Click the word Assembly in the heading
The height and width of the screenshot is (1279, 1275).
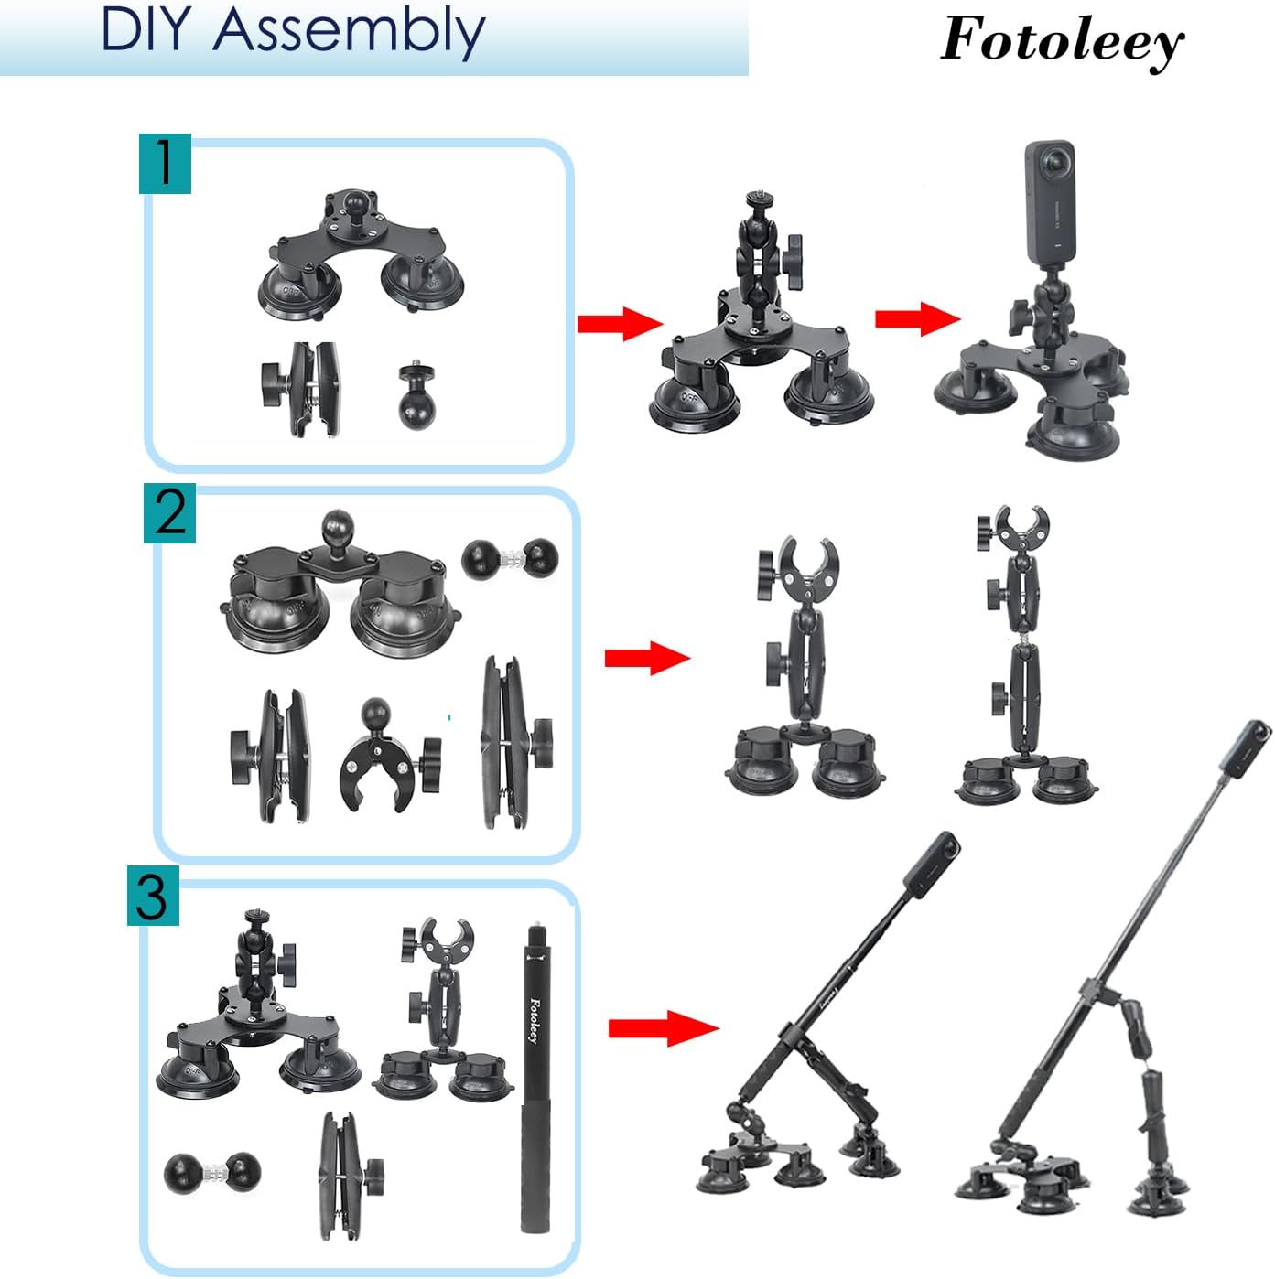pyautogui.click(x=349, y=32)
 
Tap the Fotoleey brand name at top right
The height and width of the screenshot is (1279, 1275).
pyautogui.click(x=1062, y=41)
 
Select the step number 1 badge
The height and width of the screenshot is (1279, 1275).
pyautogui.click(x=165, y=163)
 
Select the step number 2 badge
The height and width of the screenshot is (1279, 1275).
pyautogui.click(x=169, y=514)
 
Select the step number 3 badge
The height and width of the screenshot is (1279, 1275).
pyautogui.click(x=153, y=897)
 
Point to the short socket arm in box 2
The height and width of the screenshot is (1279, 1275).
pyautogui.click(x=275, y=756)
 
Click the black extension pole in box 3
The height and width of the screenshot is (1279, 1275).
pyautogui.click(x=535, y=1080)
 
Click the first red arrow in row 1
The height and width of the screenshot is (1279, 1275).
pyautogui.click(x=620, y=322)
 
